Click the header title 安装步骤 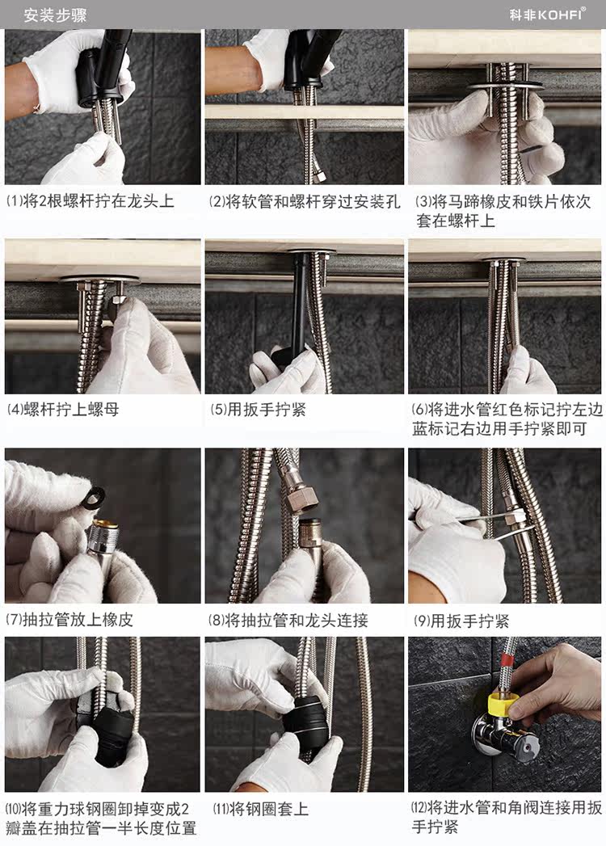point(55,15)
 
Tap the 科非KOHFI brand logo point(548,15)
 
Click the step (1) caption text point(90,201)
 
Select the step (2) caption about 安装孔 point(305,202)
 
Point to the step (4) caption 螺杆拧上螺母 point(62,409)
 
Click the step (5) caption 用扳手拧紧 point(258,409)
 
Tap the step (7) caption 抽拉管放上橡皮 point(69,620)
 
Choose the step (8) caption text point(288,620)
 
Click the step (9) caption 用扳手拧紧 point(461,621)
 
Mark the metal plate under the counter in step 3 point(504,86)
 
